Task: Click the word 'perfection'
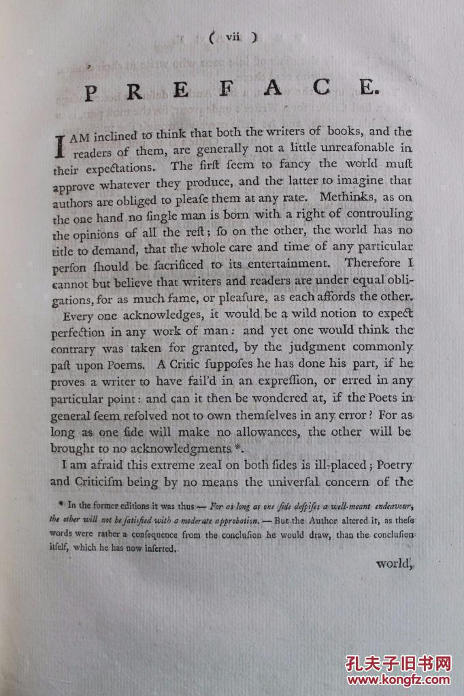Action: [x=78, y=333]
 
